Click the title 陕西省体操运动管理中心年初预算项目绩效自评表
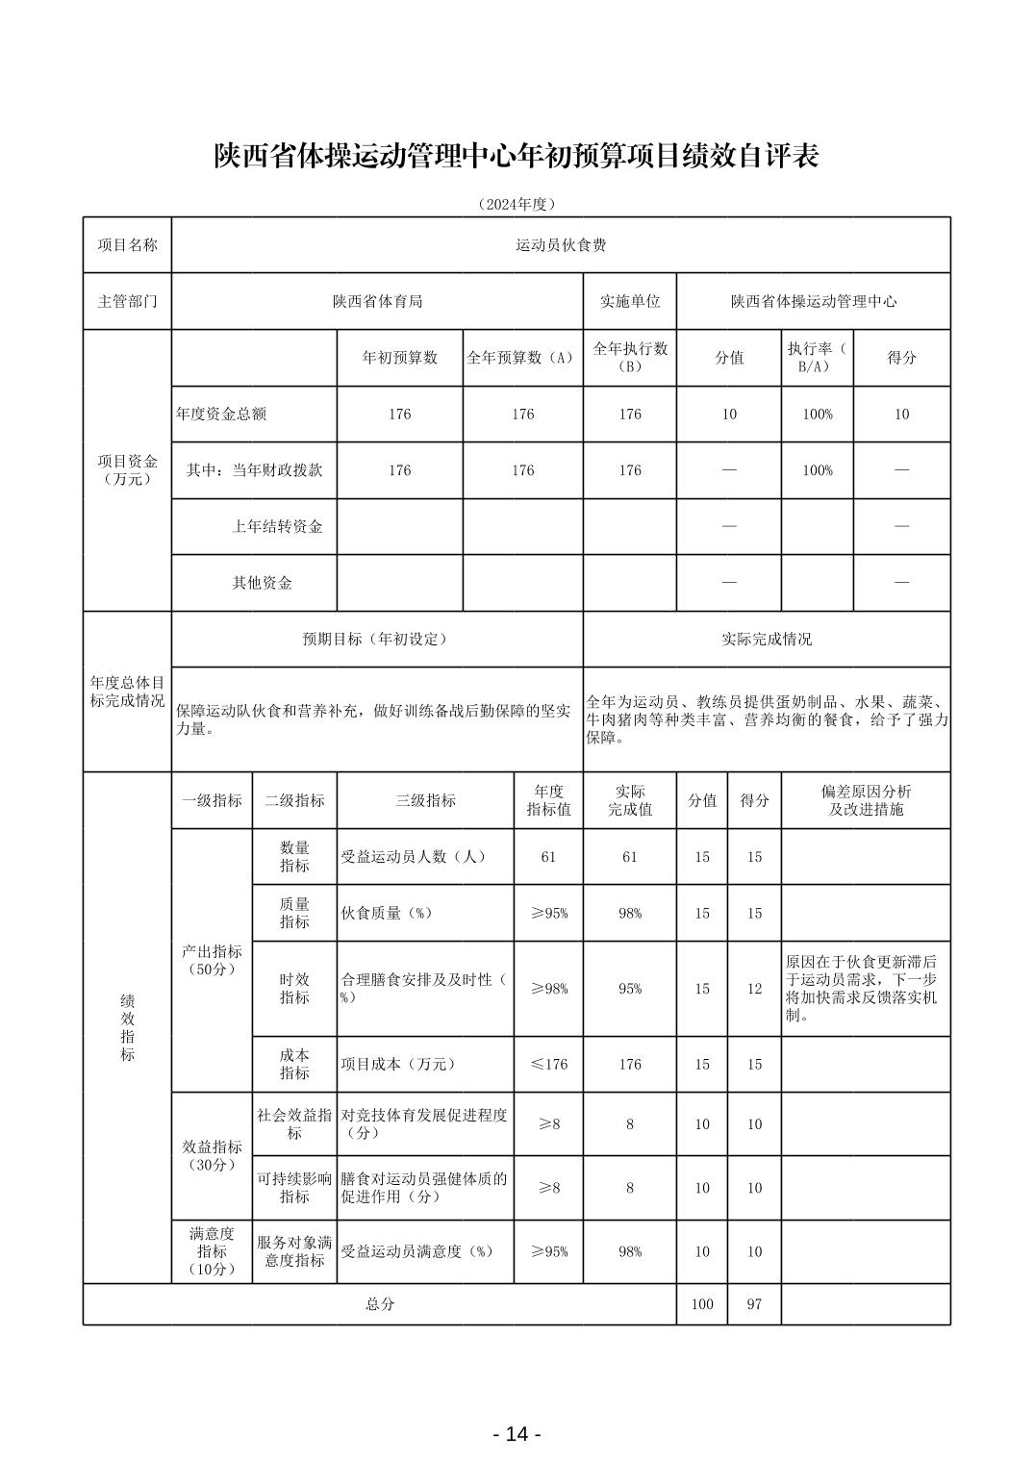[x=517, y=157]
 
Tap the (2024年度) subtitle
[x=517, y=204]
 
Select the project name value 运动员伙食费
[x=561, y=245]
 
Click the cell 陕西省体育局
[x=377, y=301]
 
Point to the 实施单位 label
[x=630, y=301]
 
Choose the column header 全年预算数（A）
[x=522, y=358]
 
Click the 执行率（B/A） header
[x=817, y=358]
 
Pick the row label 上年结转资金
[x=277, y=526]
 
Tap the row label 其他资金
[x=262, y=583]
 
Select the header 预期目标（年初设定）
[x=377, y=639]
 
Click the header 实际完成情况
[x=767, y=639]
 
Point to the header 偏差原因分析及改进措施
[x=866, y=800]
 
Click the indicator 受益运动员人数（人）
[x=414, y=857]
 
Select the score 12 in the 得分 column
[x=754, y=989]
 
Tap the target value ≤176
[x=548, y=1064]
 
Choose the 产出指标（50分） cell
[x=212, y=960]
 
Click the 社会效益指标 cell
[x=294, y=1124]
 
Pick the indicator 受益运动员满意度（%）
[x=417, y=1251]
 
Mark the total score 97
[x=754, y=1304]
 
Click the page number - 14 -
[x=517, y=1434]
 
